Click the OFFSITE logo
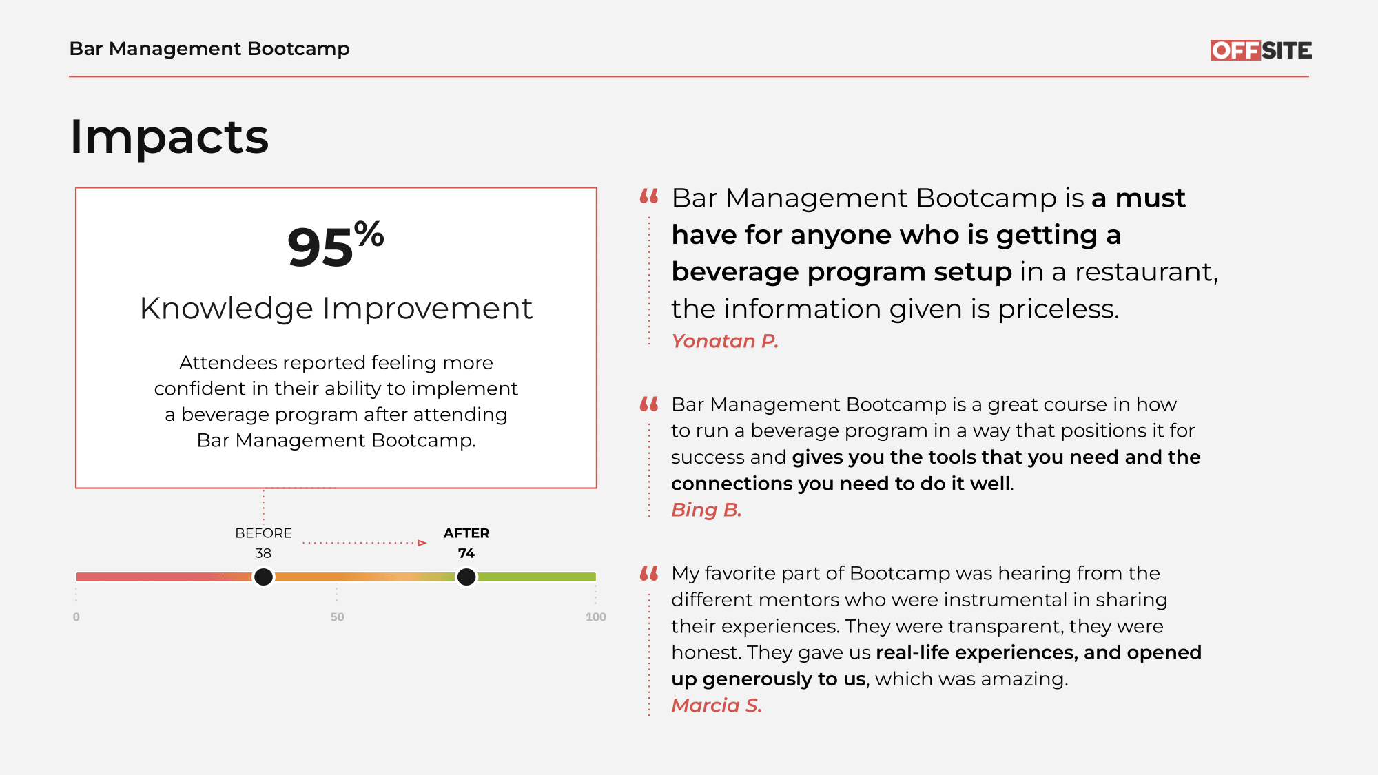pyautogui.click(x=1261, y=50)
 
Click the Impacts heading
pyautogui.click(x=169, y=136)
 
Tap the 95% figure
pyautogui.click(x=336, y=245)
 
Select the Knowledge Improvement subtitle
pyautogui.click(x=336, y=308)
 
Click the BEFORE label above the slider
pyautogui.click(x=263, y=533)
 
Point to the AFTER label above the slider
pyautogui.click(x=466, y=533)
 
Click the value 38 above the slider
pyautogui.click(x=263, y=553)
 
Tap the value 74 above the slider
pyautogui.click(x=466, y=553)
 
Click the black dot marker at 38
pyautogui.click(x=263, y=577)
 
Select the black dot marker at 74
pyautogui.click(x=466, y=577)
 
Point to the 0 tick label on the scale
pyautogui.click(x=76, y=617)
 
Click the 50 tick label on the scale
pyautogui.click(x=337, y=617)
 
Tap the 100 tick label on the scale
pyautogui.click(x=596, y=617)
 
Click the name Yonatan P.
pyautogui.click(x=725, y=341)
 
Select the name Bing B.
pyautogui.click(x=706, y=510)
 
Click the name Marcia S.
pyautogui.click(x=717, y=705)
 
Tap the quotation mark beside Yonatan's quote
pyautogui.click(x=649, y=196)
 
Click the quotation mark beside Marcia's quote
pyautogui.click(x=649, y=573)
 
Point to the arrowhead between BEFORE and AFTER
pyautogui.click(x=422, y=543)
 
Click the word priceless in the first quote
pyautogui.click(x=1058, y=309)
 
